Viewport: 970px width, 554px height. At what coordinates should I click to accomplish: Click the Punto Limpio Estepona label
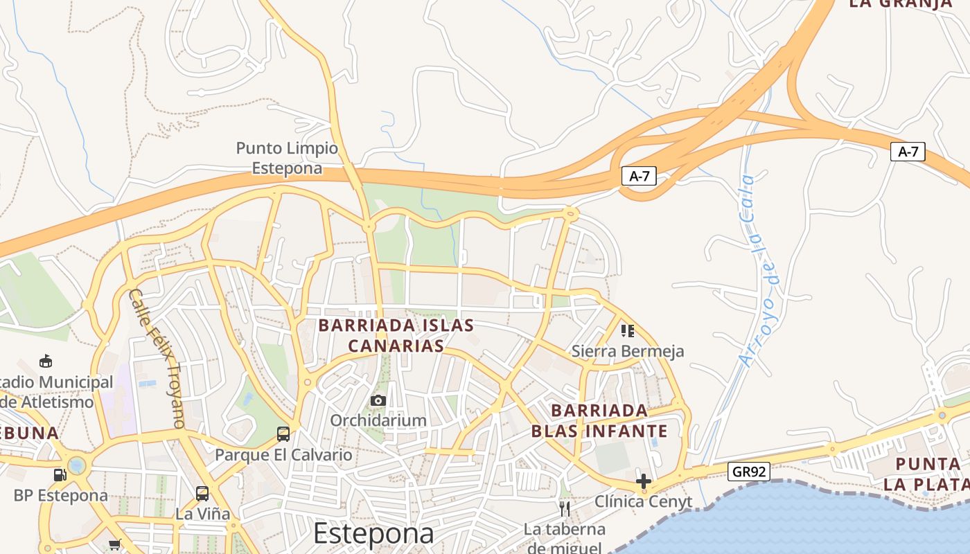point(287,158)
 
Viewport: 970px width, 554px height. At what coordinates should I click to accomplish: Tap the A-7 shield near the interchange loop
point(638,176)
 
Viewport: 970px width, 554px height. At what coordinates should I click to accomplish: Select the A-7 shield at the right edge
point(908,152)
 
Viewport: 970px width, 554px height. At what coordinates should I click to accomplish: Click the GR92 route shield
point(750,472)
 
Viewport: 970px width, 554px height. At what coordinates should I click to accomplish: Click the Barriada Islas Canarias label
point(396,335)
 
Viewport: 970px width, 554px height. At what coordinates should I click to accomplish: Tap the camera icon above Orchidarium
point(378,400)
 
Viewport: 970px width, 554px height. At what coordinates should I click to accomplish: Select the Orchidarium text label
point(378,420)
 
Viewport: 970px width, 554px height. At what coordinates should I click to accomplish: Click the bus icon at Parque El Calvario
point(283,434)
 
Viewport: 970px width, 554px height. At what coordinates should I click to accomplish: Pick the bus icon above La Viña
point(202,494)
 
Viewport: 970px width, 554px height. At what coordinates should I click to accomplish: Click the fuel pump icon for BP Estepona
point(60,475)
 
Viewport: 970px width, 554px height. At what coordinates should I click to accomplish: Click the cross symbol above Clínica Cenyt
point(644,481)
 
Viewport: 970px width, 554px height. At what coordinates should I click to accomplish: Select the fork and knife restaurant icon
point(565,509)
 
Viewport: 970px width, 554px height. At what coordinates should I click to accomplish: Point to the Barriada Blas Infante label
point(599,421)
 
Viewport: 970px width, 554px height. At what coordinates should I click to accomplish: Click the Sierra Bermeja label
point(627,351)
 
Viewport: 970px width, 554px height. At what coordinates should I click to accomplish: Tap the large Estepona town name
point(373,533)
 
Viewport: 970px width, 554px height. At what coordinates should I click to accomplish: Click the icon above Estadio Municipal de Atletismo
point(46,361)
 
